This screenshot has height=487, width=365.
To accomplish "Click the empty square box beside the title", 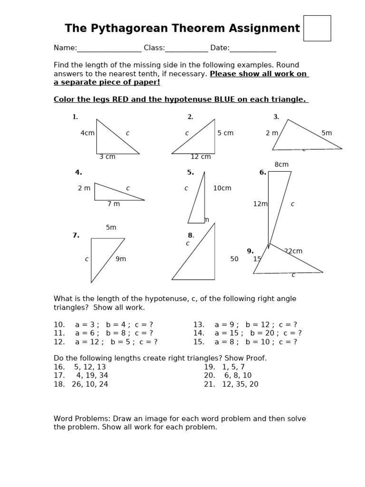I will tap(317, 28).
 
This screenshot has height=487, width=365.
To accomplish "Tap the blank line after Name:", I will tap(109, 49).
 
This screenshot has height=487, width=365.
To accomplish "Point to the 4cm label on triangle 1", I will tap(87, 133).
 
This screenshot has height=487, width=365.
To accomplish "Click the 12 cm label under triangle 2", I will tap(201, 157).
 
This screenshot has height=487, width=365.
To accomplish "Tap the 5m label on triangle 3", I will tap(327, 133).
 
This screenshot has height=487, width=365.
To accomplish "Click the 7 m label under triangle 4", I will tap(114, 204).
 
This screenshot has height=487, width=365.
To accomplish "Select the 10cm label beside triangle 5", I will tap(222, 188).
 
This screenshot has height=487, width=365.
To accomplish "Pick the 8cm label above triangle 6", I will tap(281, 165).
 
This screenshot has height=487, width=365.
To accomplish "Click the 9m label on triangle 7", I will tap(121, 259).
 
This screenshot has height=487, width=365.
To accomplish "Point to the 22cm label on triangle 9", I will tap(294, 251).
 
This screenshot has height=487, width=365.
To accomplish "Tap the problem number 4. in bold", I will tap(78, 173).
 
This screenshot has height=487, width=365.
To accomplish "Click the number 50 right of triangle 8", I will tap(234, 259).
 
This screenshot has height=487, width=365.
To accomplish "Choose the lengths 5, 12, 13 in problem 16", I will tap(90, 367).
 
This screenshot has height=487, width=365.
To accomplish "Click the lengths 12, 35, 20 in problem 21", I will tap(240, 384).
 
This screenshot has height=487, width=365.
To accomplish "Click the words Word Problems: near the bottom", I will tap(81, 419).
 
